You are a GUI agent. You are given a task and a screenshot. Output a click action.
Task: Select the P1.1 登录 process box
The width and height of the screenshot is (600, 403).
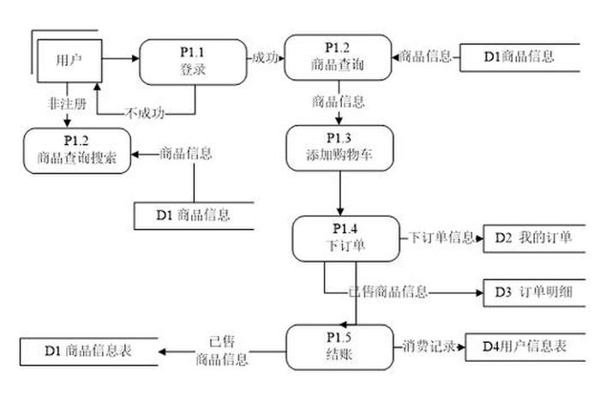(x=193, y=61)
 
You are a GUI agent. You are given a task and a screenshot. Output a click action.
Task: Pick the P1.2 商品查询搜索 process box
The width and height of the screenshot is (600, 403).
(x=77, y=149)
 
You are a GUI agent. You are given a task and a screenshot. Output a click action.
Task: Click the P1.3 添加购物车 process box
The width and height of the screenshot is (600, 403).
(x=339, y=148)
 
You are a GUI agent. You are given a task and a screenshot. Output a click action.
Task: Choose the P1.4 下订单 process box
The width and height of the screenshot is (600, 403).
(x=345, y=238)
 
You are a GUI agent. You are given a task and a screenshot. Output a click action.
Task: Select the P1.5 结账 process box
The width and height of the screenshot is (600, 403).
(x=339, y=346)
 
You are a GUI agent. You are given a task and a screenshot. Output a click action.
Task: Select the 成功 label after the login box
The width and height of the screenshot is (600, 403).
(x=265, y=57)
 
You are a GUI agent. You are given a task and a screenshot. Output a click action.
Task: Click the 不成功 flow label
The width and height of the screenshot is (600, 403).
(x=144, y=111)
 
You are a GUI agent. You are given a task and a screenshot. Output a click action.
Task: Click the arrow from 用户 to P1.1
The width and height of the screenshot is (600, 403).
(x=121, y=57)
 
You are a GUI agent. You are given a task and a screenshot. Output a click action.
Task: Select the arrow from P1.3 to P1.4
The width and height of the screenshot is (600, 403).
(x=340, y=193)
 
